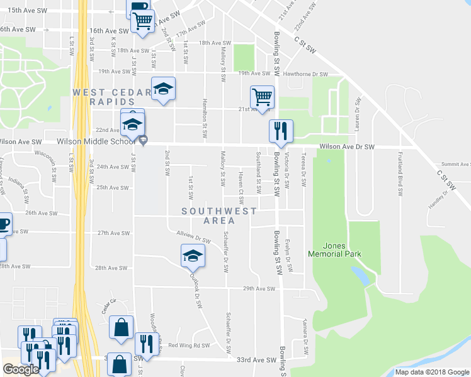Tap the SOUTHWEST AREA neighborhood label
coord(219,216)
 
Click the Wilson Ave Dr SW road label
coord(347,146)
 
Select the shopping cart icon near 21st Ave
coord(262,98)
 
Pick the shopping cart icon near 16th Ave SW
coord(143,21)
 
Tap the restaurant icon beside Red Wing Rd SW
coord(147,344)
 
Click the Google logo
coord(21,369)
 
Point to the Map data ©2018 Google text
coord(431,372)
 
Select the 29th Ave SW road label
coord(259,289)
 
